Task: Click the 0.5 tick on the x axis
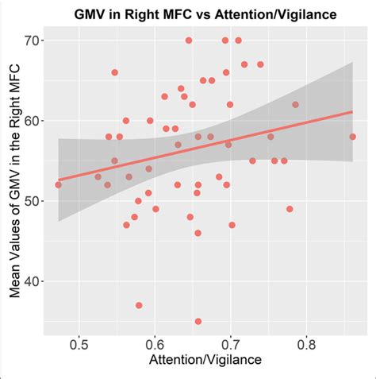[x=79, y=345]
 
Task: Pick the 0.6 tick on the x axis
[x=155, y=345]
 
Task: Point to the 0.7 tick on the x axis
[x=231, y=345]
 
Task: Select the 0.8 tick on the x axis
[x=307, y=345]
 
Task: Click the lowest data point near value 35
[x=198, y=322]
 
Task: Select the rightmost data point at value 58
[x=352, y=137]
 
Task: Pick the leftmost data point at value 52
[x=58, y=184]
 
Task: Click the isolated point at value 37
[x=139, y=305]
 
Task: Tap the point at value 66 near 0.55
[x=114, y=72]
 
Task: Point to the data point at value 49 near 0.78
[x=290, y=209]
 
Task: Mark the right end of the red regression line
[x=352, y=111]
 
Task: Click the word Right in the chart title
[x=152, y=14]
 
